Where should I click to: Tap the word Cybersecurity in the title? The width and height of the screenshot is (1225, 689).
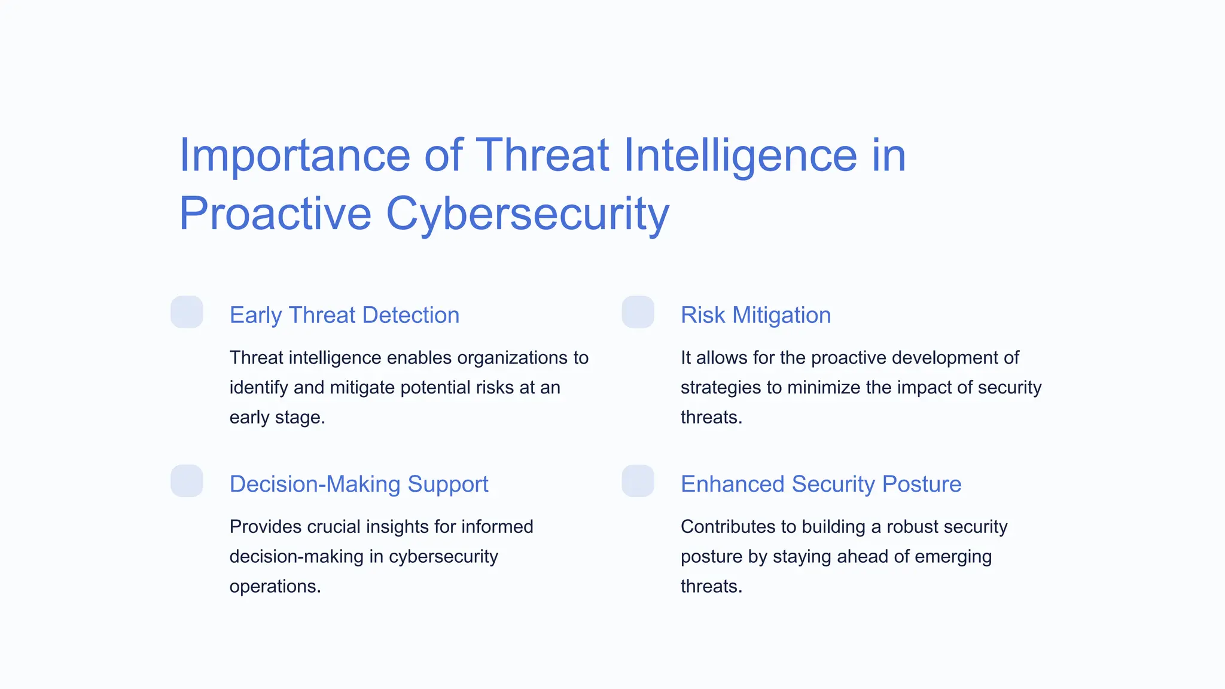click(528, 214)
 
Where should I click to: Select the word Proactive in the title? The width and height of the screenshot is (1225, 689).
click(275, 214)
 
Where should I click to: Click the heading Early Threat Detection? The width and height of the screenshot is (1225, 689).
click(345, 315)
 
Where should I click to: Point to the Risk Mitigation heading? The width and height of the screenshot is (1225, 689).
click(755, 315)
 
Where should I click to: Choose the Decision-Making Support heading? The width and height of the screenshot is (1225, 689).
click(359, 484)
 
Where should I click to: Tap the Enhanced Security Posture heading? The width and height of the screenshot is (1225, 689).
click(821, 484)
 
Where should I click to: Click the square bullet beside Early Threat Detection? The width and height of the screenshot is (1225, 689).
click(187, 312)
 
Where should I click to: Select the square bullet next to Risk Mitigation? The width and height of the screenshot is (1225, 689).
click(638, 312)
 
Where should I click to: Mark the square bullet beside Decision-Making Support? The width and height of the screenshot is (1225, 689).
click(187, 481)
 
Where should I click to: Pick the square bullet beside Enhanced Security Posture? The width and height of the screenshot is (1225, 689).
click(638, 481)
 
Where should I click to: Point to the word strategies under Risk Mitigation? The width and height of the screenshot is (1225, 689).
click(720, 388)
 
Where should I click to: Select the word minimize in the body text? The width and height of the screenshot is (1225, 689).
click(824, 388)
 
